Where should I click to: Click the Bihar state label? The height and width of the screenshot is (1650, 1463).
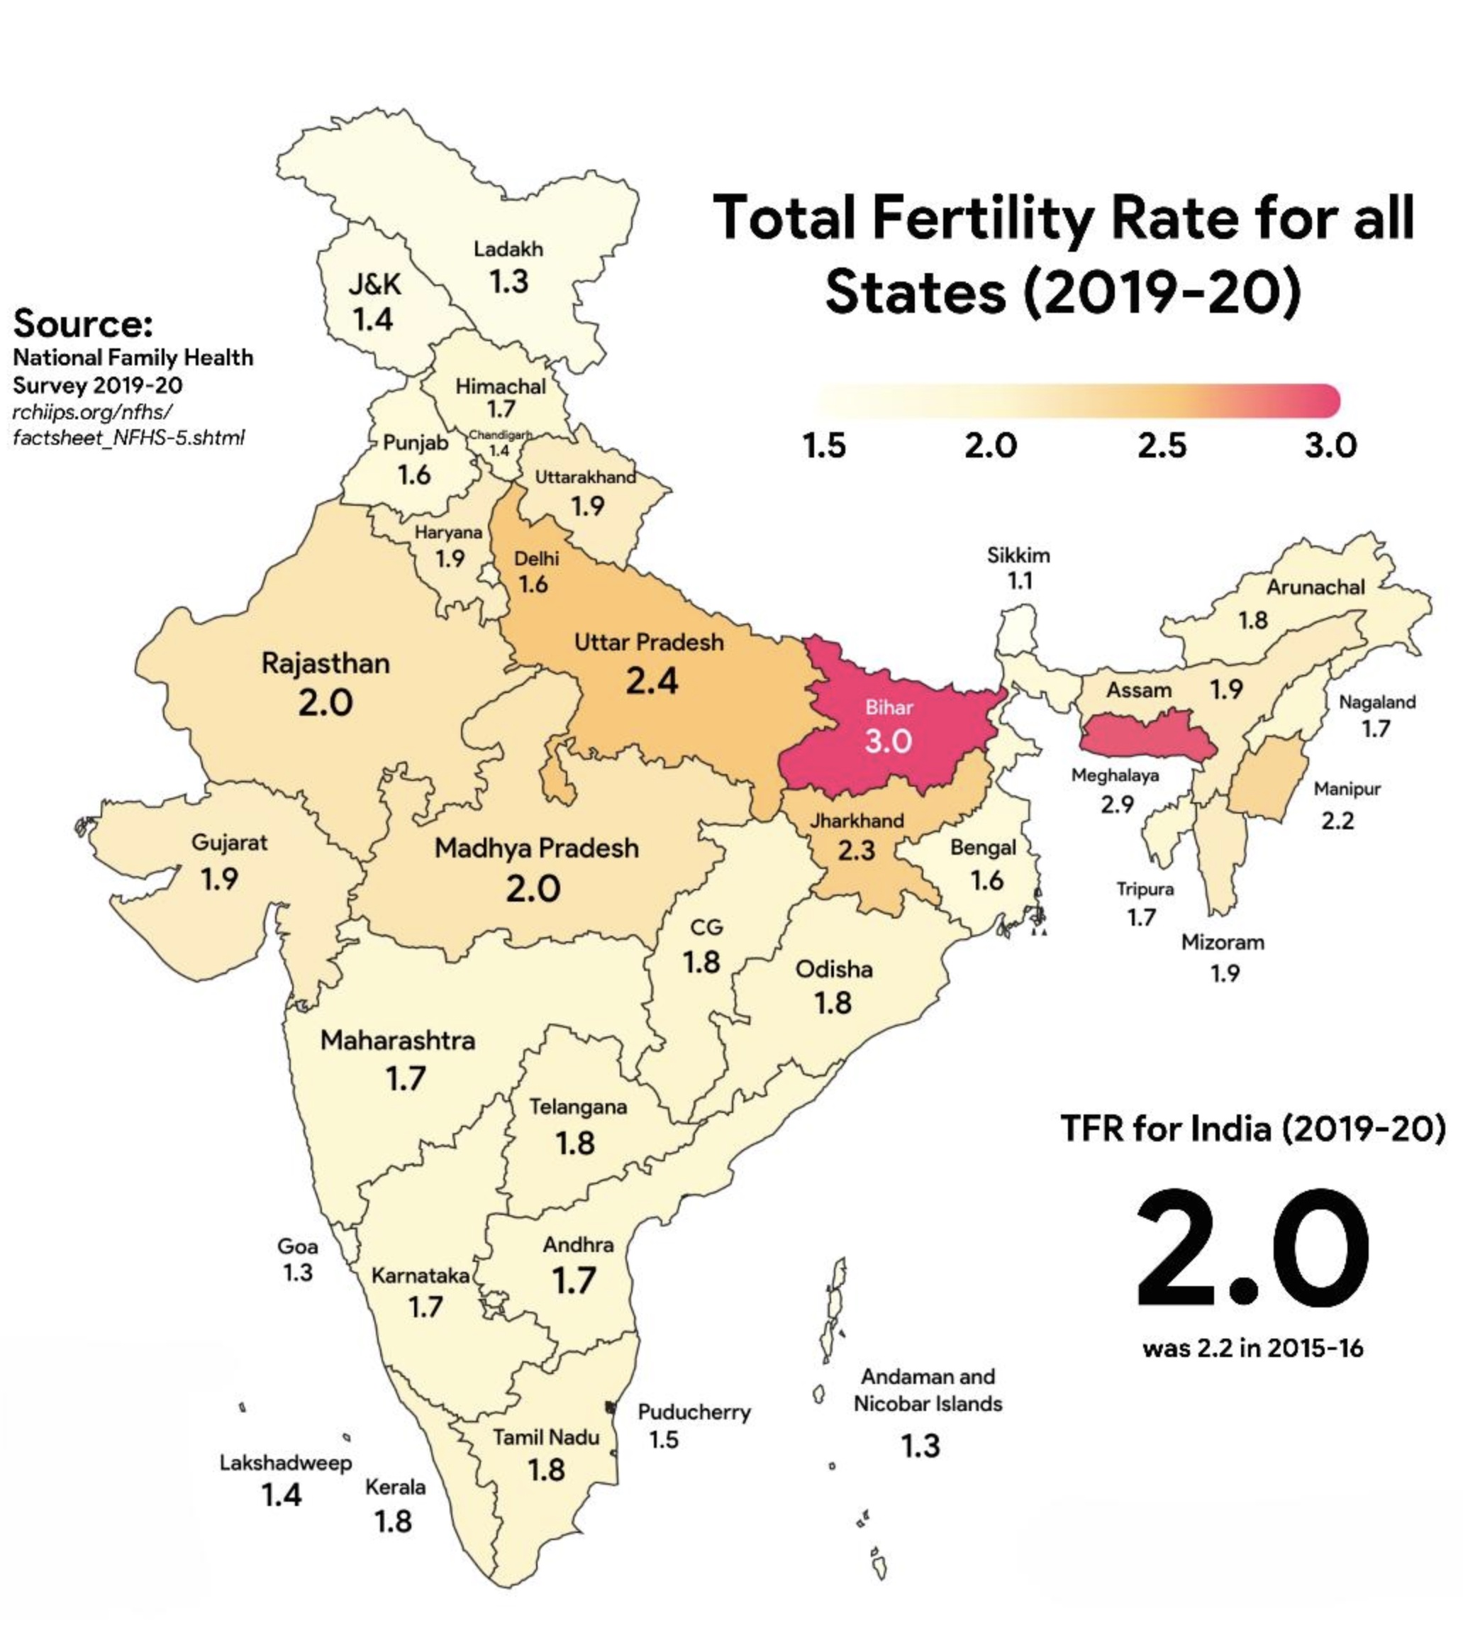point(889,708)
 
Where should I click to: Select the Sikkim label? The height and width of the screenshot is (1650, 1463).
point(1018,555)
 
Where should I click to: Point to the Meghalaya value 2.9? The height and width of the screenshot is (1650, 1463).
point(1117,804)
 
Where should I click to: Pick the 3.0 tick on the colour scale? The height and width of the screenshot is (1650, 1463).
point(1330,445)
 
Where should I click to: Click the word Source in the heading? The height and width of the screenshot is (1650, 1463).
point(82,323)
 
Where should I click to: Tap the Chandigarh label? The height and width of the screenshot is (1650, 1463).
point(500,435)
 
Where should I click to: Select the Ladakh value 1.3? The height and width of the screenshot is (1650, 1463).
point(508,282)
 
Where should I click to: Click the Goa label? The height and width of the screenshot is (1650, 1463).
point(297,1246)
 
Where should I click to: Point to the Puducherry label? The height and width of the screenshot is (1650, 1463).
point(694,1412)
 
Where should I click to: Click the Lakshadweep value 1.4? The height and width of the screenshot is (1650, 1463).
point(282,1495)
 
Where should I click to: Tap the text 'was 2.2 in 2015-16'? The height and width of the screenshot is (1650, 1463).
point(1252,1348)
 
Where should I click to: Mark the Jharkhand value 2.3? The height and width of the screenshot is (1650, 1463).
point(856,851)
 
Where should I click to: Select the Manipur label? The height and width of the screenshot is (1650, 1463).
point(1347,789)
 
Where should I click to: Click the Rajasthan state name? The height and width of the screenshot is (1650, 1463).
point(326,663)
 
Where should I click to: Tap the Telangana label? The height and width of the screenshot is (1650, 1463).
point(578,1107)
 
